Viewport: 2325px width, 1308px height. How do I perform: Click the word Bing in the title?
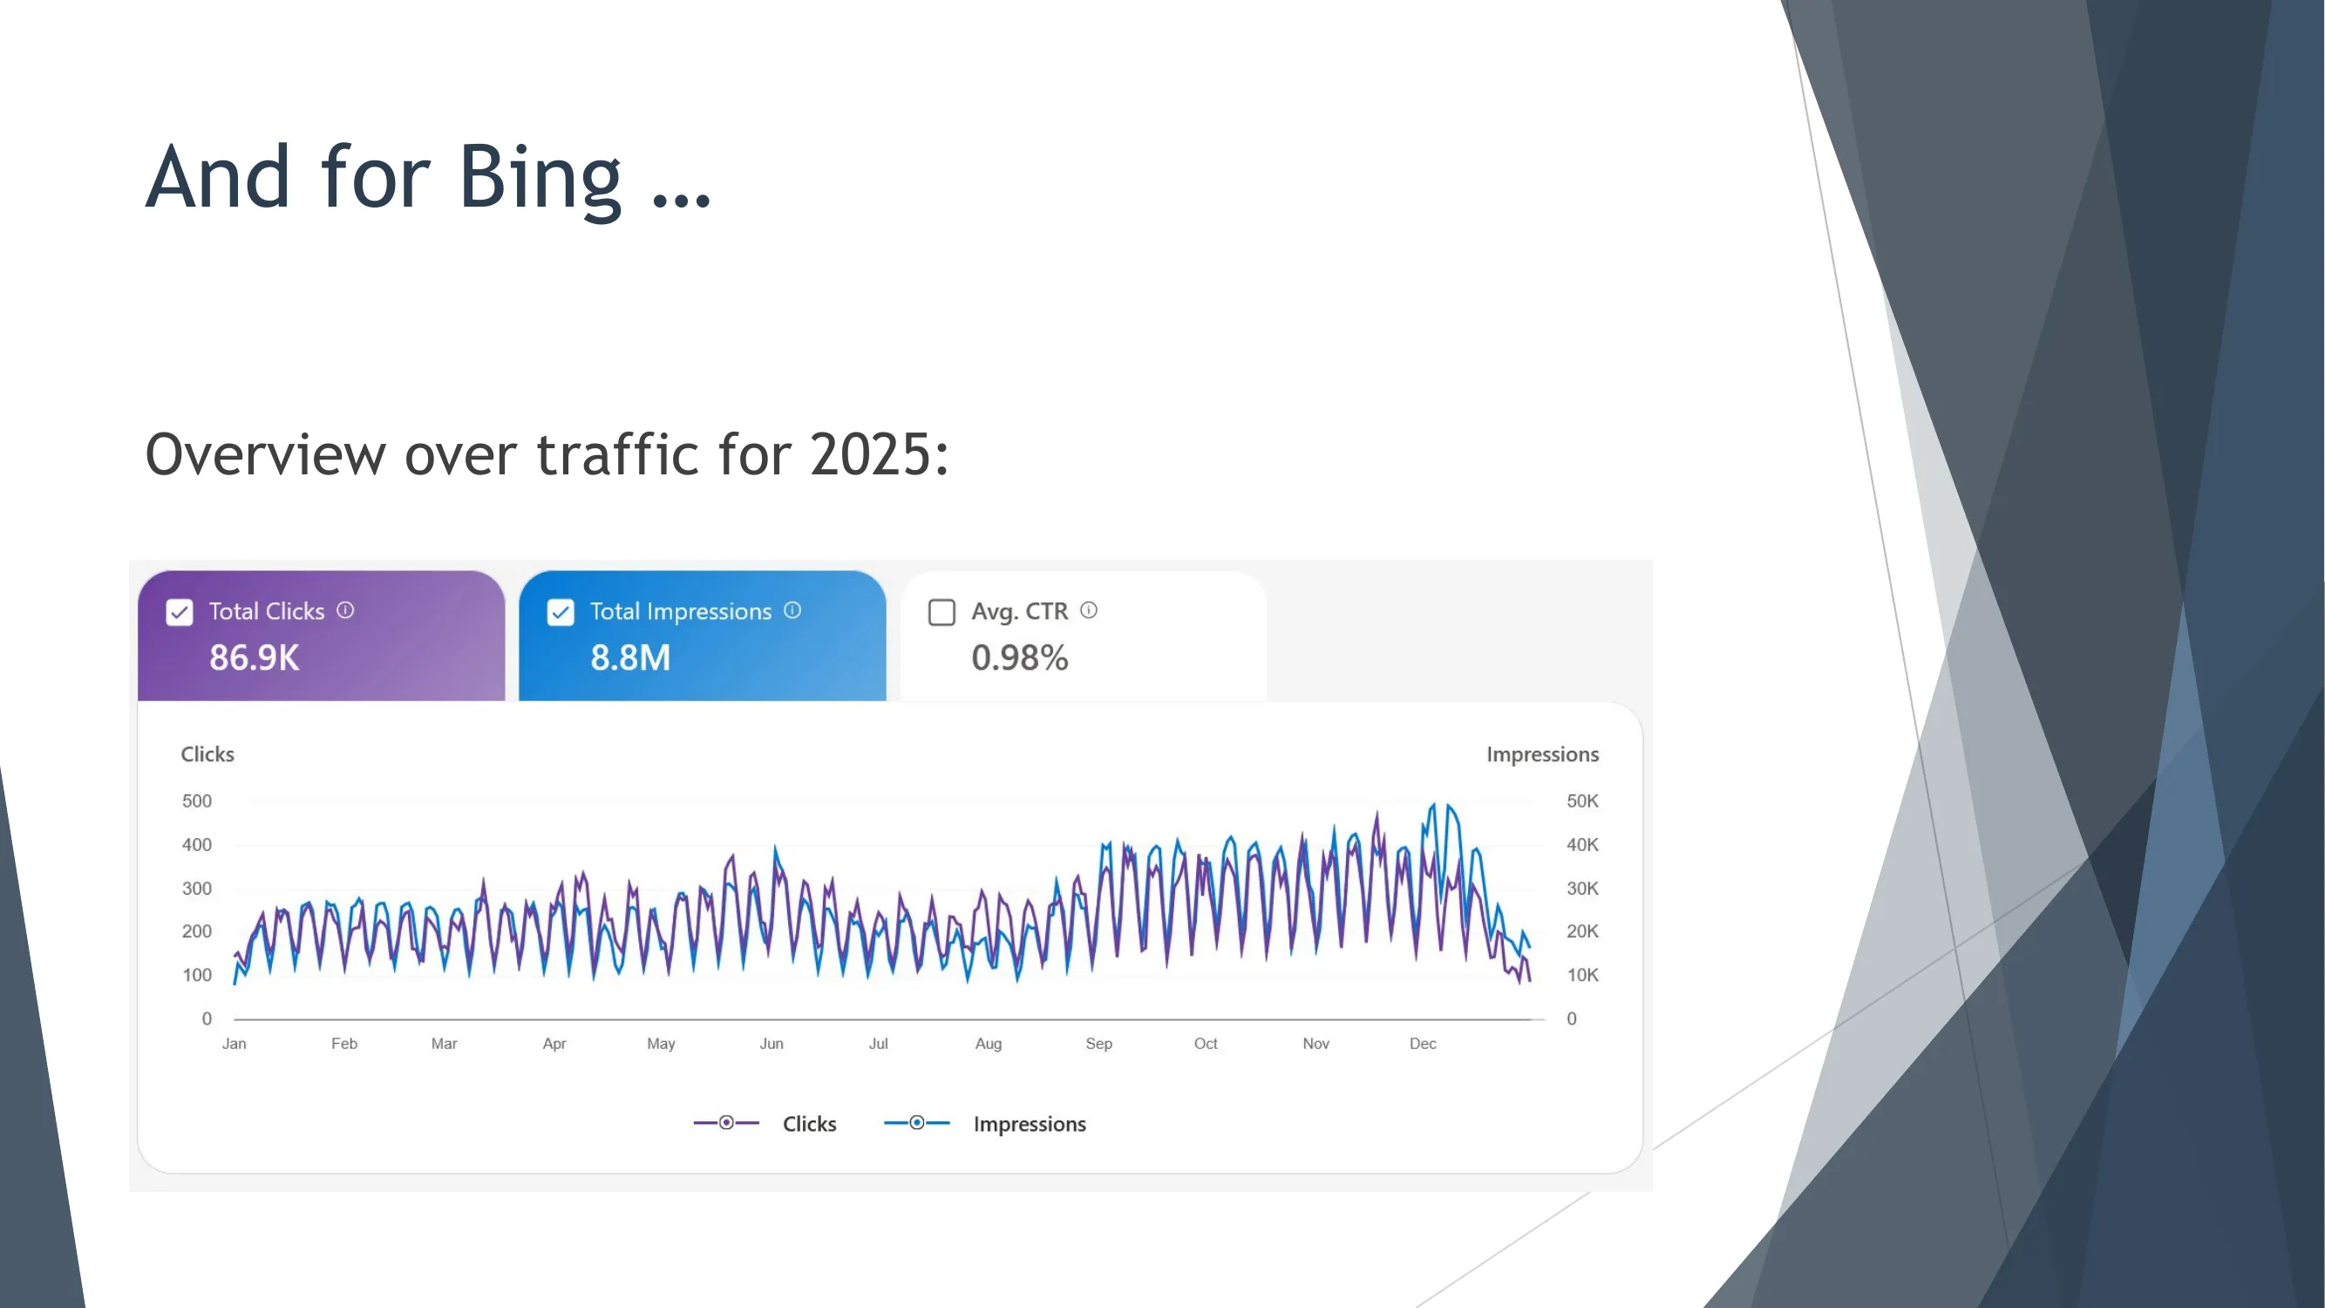pos(540,178)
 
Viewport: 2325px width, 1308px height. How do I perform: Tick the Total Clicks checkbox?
pos(180,613)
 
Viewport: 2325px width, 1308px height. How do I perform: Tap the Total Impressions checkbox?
pos(561,613)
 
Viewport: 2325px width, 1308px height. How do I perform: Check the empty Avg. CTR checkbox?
pos(942,613)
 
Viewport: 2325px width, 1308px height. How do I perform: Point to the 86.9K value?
pos(254,658)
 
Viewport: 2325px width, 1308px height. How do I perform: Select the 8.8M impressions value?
pos(630,658)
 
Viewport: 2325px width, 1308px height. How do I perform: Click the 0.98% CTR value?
pos(1019,658)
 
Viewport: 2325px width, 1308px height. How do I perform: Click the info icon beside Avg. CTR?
pos(1090,611)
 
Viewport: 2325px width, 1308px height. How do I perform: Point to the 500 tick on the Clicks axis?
pos(197,801)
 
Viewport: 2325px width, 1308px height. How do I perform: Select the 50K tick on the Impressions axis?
pos(1582,801)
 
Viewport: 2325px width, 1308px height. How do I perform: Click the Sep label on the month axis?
pos(1098,1045)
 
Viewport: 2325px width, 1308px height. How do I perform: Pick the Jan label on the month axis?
pos(234,1045)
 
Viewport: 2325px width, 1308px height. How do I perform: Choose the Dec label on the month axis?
pos(1423,1045)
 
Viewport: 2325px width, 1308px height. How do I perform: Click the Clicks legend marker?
pos(726,1123)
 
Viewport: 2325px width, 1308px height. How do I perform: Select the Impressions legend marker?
pos(917,1123)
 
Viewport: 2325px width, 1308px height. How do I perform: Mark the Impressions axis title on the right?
pos(1542,754)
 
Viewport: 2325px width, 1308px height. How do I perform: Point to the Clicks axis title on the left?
pos(207,754)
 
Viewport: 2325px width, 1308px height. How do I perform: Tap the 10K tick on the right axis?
pos(1582,976)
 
